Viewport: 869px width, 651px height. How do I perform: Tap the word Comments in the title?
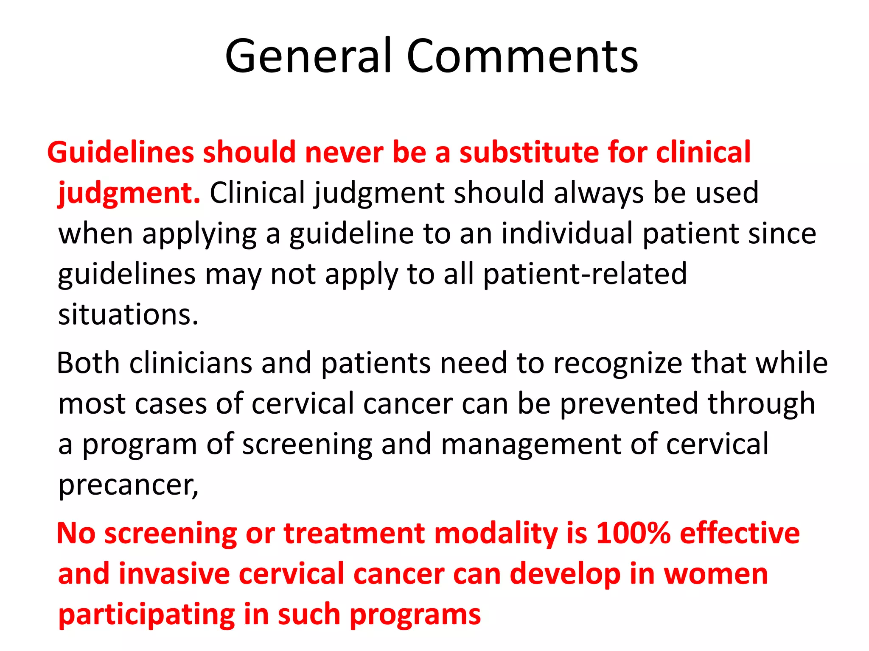[522, 56]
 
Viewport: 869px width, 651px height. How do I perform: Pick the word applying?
[199, 234]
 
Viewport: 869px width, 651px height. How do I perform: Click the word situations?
[128, 315]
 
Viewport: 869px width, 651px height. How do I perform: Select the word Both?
[88, 363]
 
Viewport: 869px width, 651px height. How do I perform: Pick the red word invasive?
[174, 574]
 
